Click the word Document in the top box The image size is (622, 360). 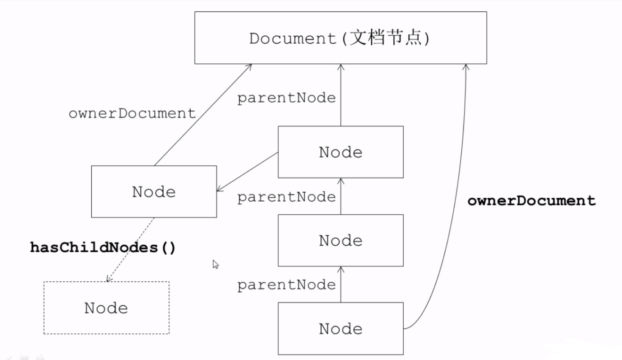pyautogui.click(x=293, y=38)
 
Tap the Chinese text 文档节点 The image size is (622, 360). pyautogui.click(x=386, y=38)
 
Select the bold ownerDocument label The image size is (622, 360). pyautogui.click(x=531, y=200)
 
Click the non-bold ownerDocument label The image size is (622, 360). pyautogui.click(x=132, y=113)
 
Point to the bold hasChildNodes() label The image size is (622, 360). pyautogui.click(x=103, y=247)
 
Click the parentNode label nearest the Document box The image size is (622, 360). pyautogui.click(x=286, y=98)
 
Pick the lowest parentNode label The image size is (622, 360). pyautogui.click(x=286, y=285)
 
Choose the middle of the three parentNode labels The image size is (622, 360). pyautogui.click(x=286, y=197)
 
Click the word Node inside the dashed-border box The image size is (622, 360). pyautogui.click(x=106, y=308)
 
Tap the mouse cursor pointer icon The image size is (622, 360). pyautogui.click(x=215, y=264)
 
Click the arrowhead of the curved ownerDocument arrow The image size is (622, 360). pyautogui.click(x=466, y=66)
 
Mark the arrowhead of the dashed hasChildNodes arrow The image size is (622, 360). pyautogui.click(x=109, y=279)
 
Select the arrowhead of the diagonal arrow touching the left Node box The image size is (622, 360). pyautogui.click(x=219, y=190)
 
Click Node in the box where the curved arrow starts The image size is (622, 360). pyautogui.click(x=340, y=329)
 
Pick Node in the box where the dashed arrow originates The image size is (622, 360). pyautogui.click(x=154, y=192)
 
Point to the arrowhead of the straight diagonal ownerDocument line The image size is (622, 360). pyautogui.click(x=250, y=66)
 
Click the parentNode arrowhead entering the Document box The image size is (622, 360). pyautogui.click(x=341, y=66)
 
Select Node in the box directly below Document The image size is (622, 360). pyautogui.click(x=340, y=152)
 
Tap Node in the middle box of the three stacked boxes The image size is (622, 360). pyautogui.click(x=340, y=240)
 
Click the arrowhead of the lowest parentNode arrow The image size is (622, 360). pyautogui.click(x=341, y=269)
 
